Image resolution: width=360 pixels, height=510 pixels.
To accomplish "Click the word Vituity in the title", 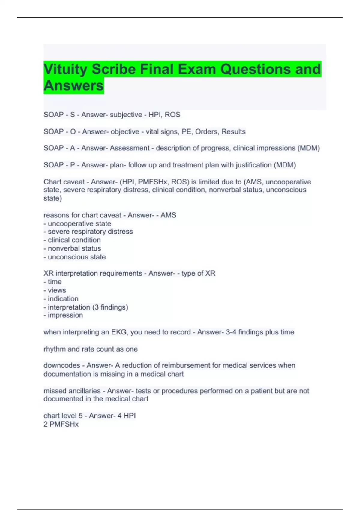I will click(x=65, y=69).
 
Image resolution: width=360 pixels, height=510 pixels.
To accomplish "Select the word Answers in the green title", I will click(x=74, y=86).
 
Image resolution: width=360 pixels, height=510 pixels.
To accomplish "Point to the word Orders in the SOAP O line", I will click(x=207, y=132).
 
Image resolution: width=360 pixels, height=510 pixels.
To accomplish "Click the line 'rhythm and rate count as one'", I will click(x=91, y=349).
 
